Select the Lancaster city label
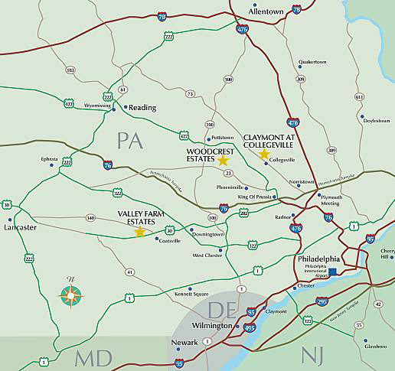pos(21,227)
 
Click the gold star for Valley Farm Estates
pos(139,232)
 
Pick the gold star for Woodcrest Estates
pos(223,161)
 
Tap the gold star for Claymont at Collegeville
pos(264,155)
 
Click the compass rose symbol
pos(71,294)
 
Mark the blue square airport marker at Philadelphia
pos(333,272)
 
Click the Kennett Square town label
pos(191,294)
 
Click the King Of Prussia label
pos(256,197)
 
